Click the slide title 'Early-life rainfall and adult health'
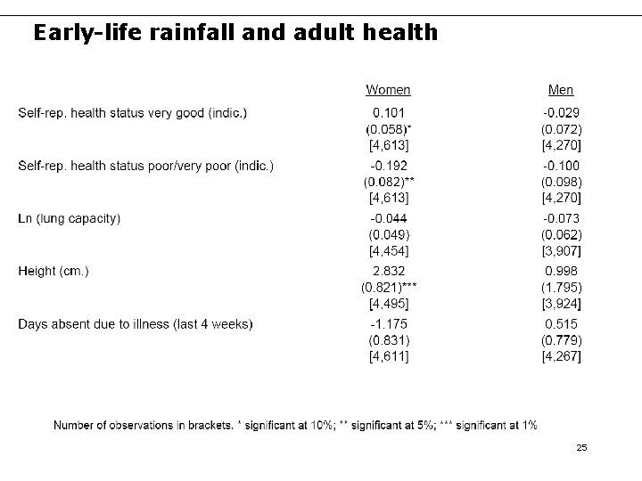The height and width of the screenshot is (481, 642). click(x=235, y=34)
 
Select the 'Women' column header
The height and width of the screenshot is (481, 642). click(x=388, y=90)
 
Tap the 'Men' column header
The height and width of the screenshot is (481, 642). click(x=561, y=90)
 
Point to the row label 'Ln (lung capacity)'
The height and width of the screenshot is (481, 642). click(x=70, y=218)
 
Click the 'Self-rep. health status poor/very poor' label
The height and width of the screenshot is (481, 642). click(x=145, y=166)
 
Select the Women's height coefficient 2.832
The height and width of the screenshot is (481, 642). click(x=389, y=271)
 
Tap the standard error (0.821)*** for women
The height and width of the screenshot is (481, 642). click(x=389, y=288)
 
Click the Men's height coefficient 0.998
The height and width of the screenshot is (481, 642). click(x=561, y=271)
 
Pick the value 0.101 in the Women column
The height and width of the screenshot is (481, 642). click(x=389, y=113)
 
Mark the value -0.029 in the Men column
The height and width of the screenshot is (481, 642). click(x=561, y=113)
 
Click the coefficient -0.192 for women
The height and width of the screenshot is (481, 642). click(x=389, y=166)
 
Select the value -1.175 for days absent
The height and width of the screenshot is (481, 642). click(x=389, y=323)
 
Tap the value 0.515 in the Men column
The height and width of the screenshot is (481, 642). click(x=561, y=323)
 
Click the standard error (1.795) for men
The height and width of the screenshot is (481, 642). click(x=561, y=288)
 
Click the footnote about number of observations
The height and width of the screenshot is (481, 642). click(x=295, y=425)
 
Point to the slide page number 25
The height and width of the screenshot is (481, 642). click(x=581, y=448)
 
